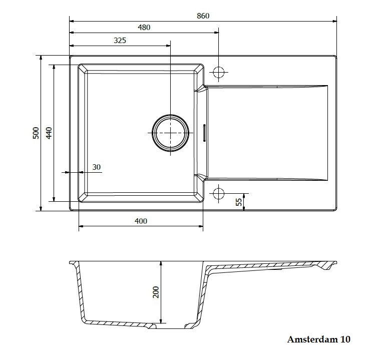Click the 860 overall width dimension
pyautogui.click(x=203, y=16)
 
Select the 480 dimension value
pyautogui.click(x=144, y=28)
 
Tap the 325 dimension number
pyautogui.click(x=120, y=40)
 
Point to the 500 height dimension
pyautogui.click(x=36, y=133)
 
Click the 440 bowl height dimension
pyautogui.click(x=49, y=133)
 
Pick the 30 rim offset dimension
pyautogui.click(x=97, y=167)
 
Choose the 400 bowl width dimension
pyautogui.click(x=141, y=221)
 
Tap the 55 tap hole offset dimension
pyautogui.click(x=239, y=202)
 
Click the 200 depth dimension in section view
pyautogui.click(x=156, y=292)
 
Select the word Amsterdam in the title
pyautogui.click(x=312, y=339)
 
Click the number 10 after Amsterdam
pyautogui.click(x=345, y=339)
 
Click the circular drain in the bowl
pyautogui.click(x=170, y=133)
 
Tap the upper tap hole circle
pyautogui.click(x=219, y=72)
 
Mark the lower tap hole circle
pyautogui.click(x=219, y=193)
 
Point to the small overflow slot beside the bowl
pyautogui.click(x=204, y=133)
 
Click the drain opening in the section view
pyautogui.click(x=170, y=327)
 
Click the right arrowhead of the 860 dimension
pyautogui.click(x=334, y=21)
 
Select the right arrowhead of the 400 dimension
pyautogui.click(x=201, y=226)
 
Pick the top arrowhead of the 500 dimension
pyautogui.click(x=41, y=58)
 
